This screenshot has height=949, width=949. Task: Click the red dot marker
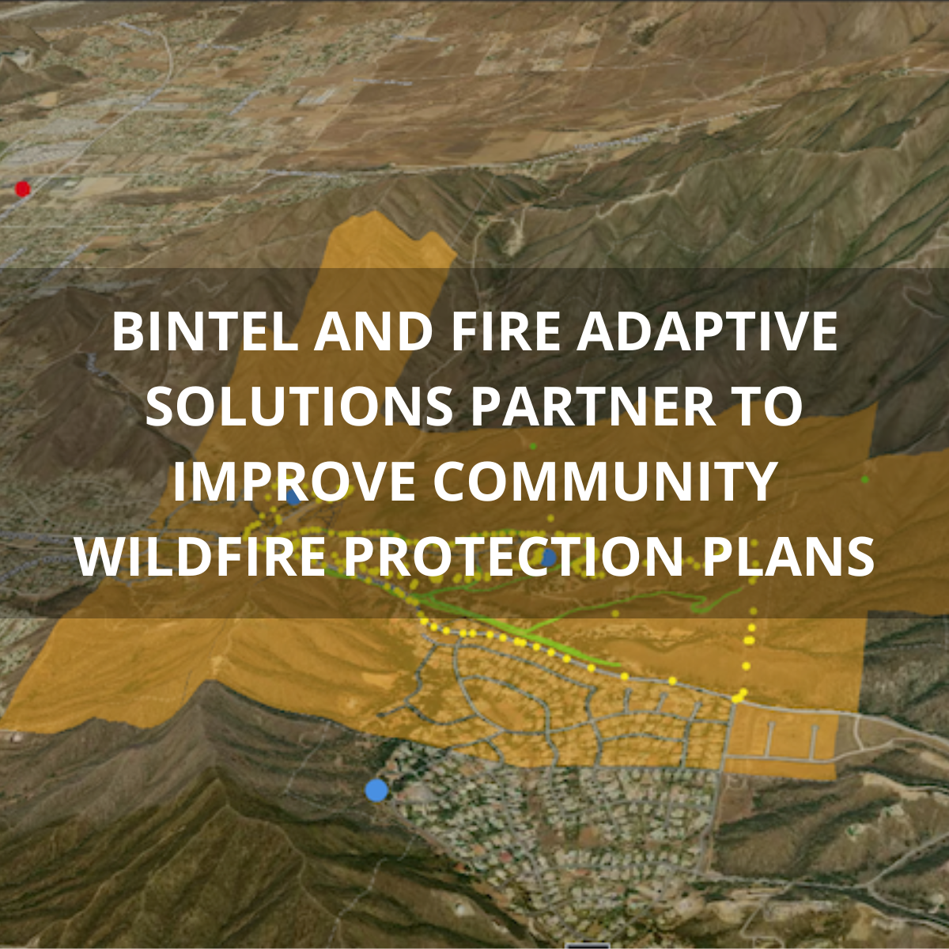23,189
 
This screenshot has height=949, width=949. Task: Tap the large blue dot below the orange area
376,789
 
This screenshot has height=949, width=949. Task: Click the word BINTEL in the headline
205,332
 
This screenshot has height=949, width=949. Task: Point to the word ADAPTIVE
706,332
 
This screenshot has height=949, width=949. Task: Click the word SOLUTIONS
299,406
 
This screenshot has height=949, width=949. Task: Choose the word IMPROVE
294,482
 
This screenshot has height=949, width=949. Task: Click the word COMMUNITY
605,482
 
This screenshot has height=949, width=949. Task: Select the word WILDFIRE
202,556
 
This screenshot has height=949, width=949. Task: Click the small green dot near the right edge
865,479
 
